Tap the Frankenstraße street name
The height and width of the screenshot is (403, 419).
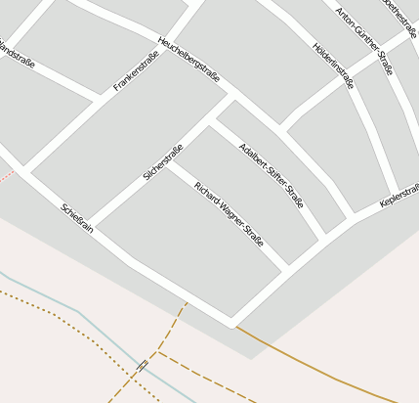136,71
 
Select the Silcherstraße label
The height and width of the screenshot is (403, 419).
163,162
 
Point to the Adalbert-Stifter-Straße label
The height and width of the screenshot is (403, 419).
272,175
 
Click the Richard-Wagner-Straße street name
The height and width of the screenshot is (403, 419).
229,213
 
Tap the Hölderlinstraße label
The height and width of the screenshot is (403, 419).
333,65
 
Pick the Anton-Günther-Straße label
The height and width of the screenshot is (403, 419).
363,35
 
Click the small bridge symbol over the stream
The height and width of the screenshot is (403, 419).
143,365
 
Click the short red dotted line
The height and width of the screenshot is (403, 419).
7,176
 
